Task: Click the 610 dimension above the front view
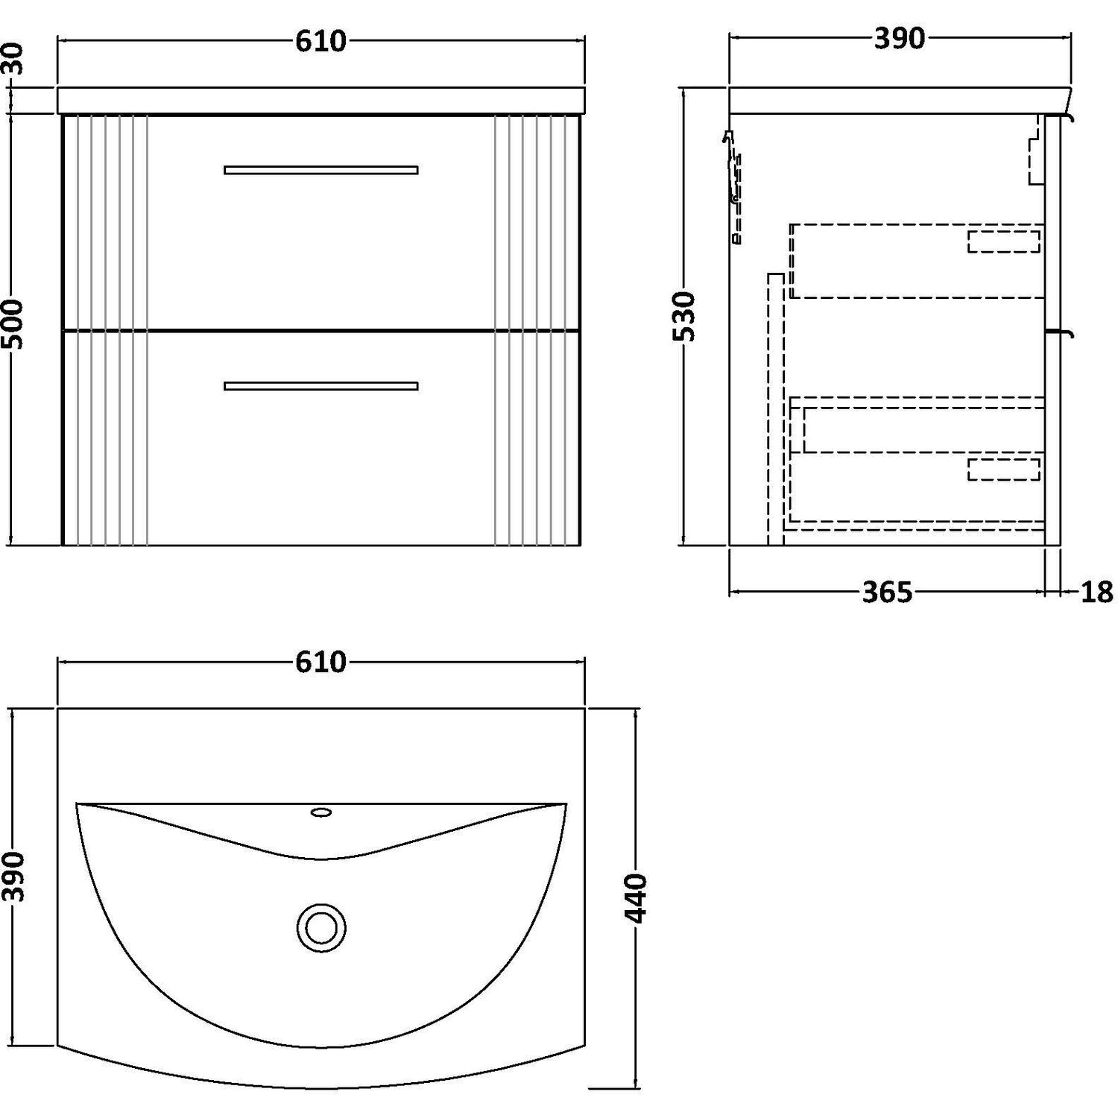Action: tap(320, 41)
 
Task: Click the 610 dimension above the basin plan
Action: tap(320, 662)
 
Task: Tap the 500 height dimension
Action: tap(15, 324)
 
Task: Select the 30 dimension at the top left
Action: tap(15, 59)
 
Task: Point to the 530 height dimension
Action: tap(683, 317)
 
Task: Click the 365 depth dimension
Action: tap(888, 593)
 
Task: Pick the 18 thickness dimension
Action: tap(1096, 593)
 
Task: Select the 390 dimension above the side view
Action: tap(900, 39)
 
